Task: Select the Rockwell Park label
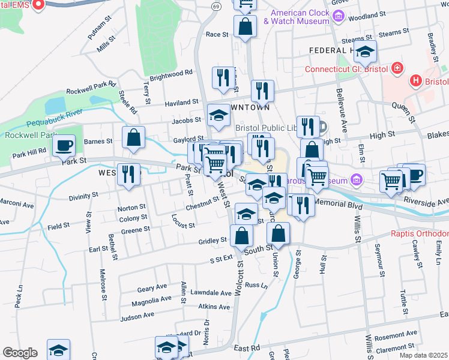22,135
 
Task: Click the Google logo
20,353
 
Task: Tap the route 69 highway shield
215,5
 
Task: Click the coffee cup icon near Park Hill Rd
64,145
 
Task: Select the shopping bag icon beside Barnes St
133,137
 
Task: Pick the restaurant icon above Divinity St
128,174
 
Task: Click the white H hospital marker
415,80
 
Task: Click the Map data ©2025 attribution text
424,355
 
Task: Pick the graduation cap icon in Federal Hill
365,52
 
